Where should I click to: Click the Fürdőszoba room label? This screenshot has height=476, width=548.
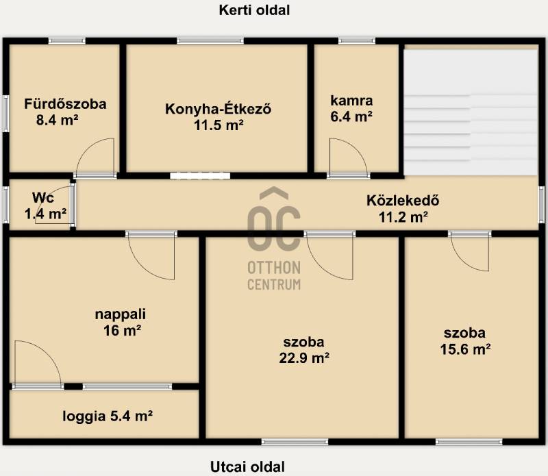point(65,104)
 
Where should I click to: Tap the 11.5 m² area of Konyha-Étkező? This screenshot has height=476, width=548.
point(219,125)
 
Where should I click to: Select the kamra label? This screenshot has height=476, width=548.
point(351,101)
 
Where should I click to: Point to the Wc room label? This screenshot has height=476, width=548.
point(43,197)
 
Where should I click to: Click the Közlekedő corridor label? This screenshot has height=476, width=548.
point(403,201)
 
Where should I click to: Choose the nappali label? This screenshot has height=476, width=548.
point(121,314)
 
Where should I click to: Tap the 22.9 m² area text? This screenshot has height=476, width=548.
point(304,358)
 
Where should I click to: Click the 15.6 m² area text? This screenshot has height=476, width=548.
point(465,349)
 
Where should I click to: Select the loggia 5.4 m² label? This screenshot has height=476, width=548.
point(108,416)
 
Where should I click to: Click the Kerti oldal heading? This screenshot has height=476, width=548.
point(254,10)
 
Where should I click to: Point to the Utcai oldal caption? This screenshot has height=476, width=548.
point(247,467)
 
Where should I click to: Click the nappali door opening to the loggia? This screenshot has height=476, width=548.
point(38,364)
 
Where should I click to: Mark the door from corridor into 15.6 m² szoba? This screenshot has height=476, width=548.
point(470,252)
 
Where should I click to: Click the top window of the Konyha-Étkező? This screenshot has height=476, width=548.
point(210,41)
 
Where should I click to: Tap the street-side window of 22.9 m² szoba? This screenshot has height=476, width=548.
point(295,442)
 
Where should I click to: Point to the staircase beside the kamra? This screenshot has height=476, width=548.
point(471,112)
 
